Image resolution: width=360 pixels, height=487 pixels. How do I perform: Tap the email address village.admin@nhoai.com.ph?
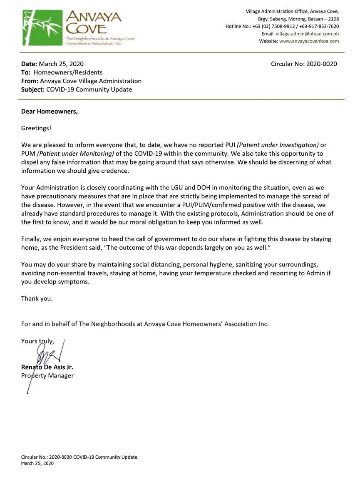(x=307, y=34)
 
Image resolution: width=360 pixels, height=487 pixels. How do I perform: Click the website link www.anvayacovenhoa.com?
(x=309, y=41)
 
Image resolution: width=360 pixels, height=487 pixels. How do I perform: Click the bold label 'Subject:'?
(x=33, y=89)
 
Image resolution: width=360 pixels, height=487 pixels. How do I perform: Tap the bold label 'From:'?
(x=30, y=81)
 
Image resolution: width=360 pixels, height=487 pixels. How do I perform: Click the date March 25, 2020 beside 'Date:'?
(x=61, y=64)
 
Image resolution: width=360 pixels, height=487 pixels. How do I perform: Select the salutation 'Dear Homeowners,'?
(x=50, y=112)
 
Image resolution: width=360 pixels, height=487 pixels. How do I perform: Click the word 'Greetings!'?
(x=36, y=128)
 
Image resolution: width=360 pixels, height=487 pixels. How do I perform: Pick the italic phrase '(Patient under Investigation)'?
(x=278, y=145)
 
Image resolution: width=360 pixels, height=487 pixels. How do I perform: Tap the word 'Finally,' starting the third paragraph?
(x=32, y=239)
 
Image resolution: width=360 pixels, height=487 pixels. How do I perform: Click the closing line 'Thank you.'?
(x=37, y=298)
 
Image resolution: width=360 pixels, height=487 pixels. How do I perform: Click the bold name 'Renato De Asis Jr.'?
(x=47, y=368)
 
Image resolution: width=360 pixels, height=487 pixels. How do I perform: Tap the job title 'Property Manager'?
(x=47, y=376)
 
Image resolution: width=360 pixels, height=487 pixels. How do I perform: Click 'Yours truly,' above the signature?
(x=37, y=341)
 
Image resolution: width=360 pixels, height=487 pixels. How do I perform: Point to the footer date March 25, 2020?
(x=37, y=463)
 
